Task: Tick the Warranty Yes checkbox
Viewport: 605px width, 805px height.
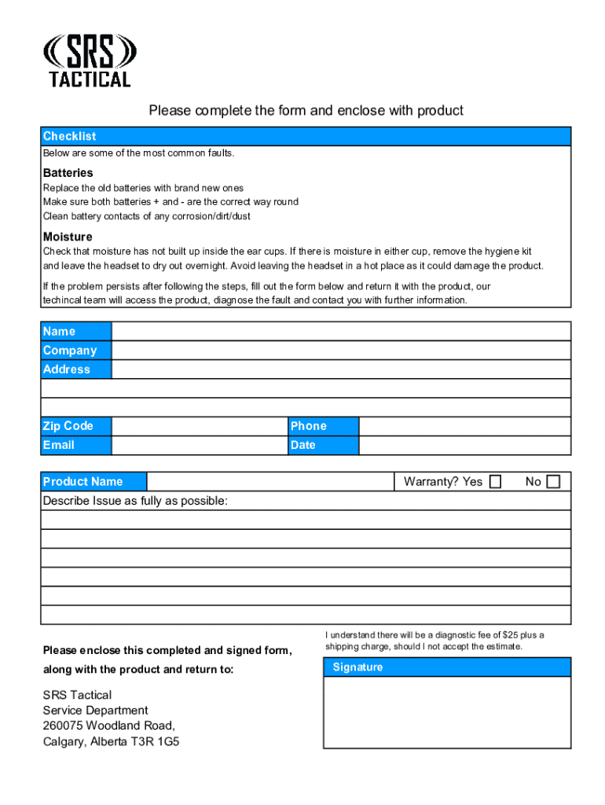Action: [x=495, y=481]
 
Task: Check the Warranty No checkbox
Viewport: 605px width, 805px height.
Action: [x=553, y=481]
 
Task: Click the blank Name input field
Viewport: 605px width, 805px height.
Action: [x=341, y=331]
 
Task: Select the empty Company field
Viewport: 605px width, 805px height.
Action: [x=341, y=351]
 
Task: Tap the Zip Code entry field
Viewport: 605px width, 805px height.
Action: [x=200, y=426]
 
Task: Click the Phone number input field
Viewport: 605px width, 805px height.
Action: [x=464, y=426]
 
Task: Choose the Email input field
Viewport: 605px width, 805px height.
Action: [x=200, y=445]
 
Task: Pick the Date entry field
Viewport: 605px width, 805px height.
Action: [x=464, y=445]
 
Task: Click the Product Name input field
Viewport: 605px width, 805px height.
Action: [x=269, y=481]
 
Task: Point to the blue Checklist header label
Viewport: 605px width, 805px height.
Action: [x=70, y=136]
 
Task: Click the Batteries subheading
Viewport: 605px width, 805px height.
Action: [x=68, y=172]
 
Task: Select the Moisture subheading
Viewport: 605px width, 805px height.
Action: [x=68, y=237]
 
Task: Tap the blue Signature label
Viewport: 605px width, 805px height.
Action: [x=357, y=667]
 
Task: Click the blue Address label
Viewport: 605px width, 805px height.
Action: [x=67, y=369]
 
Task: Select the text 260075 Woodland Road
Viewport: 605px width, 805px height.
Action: [x=108, y=725]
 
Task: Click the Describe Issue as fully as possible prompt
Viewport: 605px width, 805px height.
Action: [x=135, y=501]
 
